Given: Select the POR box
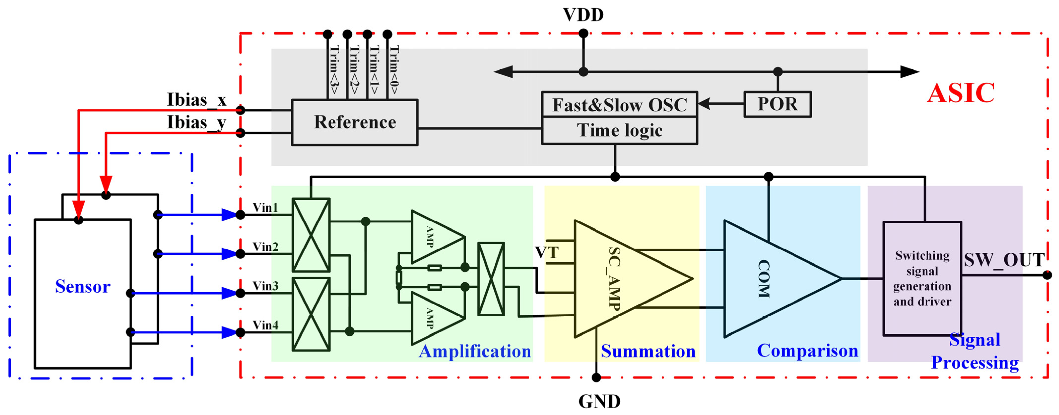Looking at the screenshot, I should click(x=777, y=104).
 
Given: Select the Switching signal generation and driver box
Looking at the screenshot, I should click(x=922, y=279).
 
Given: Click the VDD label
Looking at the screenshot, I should click(x=583, y=15).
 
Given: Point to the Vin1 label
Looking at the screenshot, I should click(x=265, y=208).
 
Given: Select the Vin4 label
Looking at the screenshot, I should click(x=265, y=325).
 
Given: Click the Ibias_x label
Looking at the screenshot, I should click(x=197, y=100).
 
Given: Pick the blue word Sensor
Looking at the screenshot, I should click(x=83, y=286).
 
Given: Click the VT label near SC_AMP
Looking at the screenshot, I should click(x=547, y=252).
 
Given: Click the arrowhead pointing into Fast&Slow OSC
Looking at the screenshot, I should click(x=704, y=104).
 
